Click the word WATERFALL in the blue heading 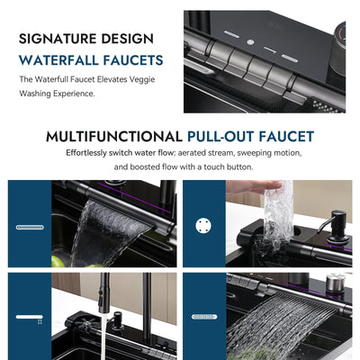[x=64, y=60]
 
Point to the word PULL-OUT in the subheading [x=221, y=137]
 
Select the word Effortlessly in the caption [x=90, y=153]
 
